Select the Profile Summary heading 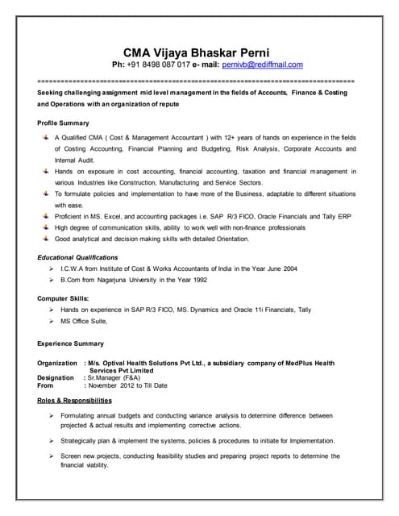[x=63, y=123]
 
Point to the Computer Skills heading [x=63, y=298]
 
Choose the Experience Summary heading [x=70, y=343]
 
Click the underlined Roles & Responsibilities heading [x=74, y=401]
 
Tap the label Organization [x=57, y=364]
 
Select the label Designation [x=56, y=378]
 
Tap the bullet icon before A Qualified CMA [x=45, y=138]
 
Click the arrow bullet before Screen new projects [x=50, y=456]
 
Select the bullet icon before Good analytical [x=45, y=239]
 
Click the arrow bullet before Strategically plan [x=50, y=441]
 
